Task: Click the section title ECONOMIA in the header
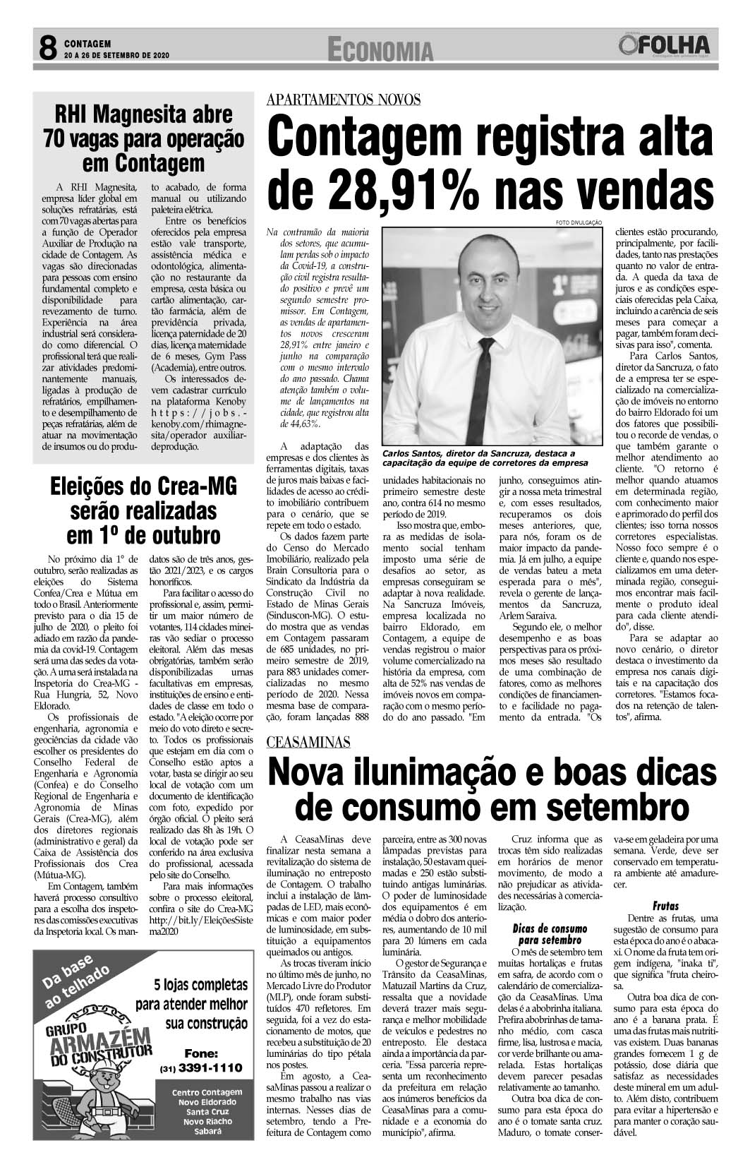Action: click(x=380, y=49)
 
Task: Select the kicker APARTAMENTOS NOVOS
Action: click(x=344, y=100)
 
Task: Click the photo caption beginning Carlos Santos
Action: click(x=484, y=457)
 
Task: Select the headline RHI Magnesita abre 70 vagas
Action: click(x=144, y=138)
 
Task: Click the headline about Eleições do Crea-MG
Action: click(x=143, y=510)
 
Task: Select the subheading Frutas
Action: click(x=665, y=905)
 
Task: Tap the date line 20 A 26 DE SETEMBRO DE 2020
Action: click(x=116, y=54)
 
